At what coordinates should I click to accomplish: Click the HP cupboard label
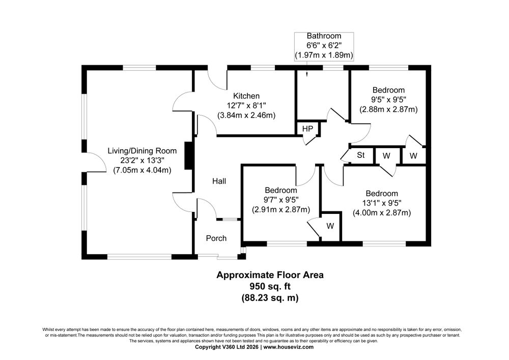[307, 129]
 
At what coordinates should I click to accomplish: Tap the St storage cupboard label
[361, 155]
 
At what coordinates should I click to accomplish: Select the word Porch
[216, 238]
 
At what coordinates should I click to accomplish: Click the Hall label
[219, 181]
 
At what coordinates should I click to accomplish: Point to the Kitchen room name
[246, 96]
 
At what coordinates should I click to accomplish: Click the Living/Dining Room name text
[142, 151]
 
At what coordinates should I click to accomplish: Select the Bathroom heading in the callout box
[324, 36]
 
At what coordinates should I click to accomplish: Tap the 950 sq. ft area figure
[270, 286]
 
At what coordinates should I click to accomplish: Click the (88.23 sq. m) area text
[270, 298]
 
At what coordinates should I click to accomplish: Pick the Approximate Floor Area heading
[270, 275]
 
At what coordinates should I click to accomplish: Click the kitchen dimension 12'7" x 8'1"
[246, 105]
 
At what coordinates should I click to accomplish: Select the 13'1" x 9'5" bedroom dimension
[382, 203]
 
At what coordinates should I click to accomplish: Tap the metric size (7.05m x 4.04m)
[142, 170]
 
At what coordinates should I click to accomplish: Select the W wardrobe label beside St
[386, 155]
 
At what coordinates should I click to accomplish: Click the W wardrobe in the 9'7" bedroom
[330, 226]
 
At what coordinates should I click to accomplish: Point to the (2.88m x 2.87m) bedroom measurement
[388, 109]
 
